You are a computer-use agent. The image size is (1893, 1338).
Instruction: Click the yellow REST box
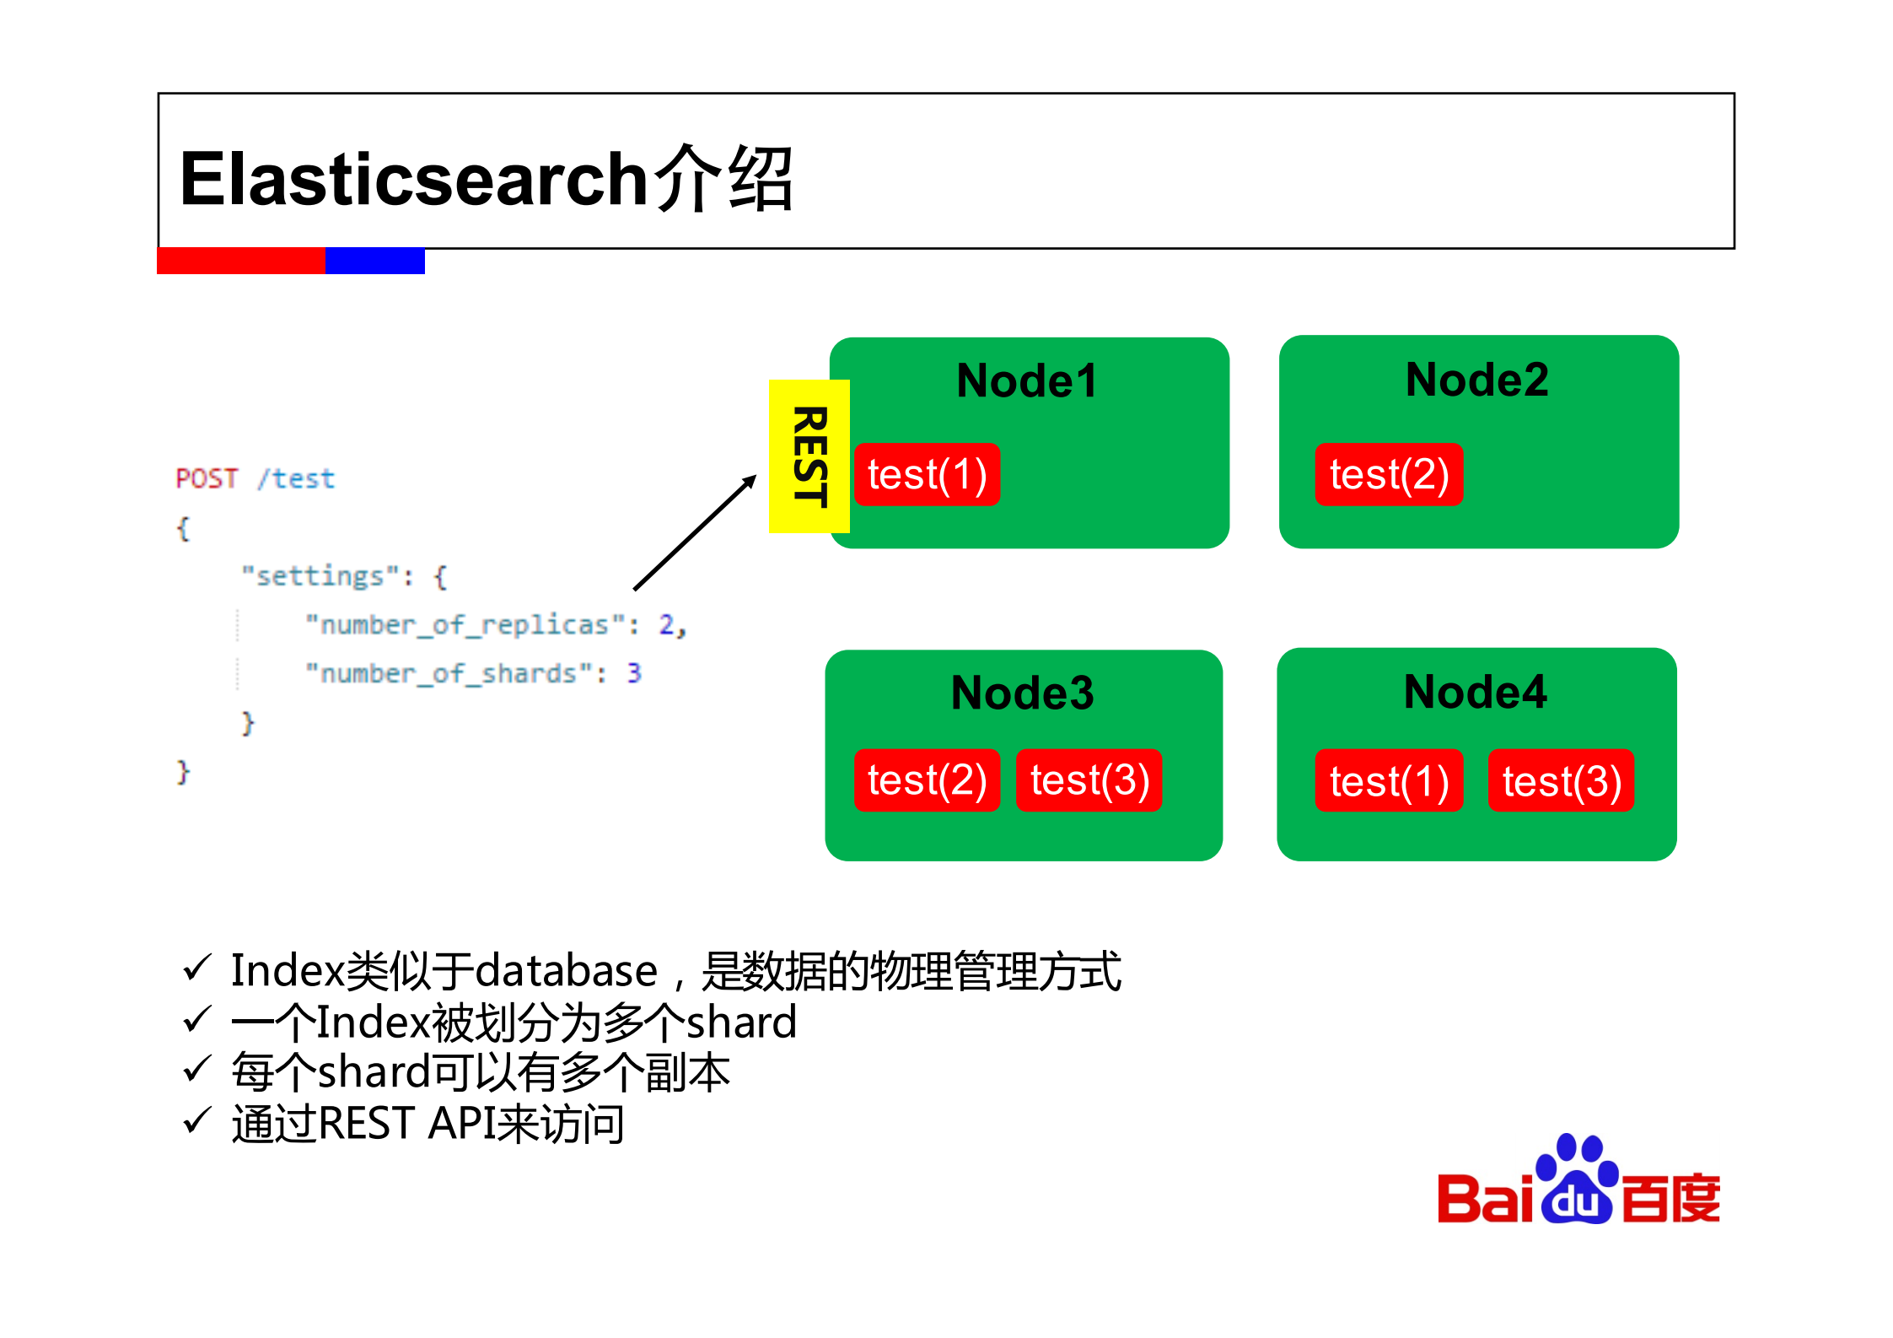pyautogui.click(x=808, y=456)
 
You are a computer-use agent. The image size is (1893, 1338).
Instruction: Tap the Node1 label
pyautogui.click(x=1027, y=381)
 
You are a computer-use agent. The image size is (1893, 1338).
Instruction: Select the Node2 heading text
pyautogui.click(x=1476, y=380)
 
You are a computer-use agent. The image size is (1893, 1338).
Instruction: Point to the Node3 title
pyautogui.click(x=1022, y=693)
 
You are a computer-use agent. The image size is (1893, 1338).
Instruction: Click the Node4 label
pyautogui.click(x=1475, y=693)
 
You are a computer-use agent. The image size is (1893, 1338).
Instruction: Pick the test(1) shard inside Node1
pyautogui.click(x=927, y=475)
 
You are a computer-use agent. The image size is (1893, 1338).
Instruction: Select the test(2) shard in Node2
pyautogui.click(x=1388, y=475)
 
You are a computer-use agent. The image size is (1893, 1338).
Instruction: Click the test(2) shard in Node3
pyautogui.click(x=927, y=780)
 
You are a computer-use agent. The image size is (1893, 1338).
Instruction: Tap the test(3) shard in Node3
pyautogui.click(x=1089, y=780)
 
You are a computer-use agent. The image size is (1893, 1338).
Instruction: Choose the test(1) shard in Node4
pyautogui.click(x=1388, y=781)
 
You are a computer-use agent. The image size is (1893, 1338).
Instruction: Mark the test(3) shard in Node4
pyautogui.click(x=1561, y=781)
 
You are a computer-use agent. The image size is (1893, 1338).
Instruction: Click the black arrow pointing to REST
pyautogui.click(x=695, y=533)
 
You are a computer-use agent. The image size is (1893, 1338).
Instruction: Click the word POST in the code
pyautogui.click(x=207, y=479)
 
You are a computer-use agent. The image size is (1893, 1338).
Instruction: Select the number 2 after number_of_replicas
pyautogui.click(x=667, y=625)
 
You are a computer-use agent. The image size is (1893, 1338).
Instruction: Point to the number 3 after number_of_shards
pyautogui.click(x=634, y=673)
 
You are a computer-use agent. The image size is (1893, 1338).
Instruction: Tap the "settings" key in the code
pyautogui.click(x=320, y=577)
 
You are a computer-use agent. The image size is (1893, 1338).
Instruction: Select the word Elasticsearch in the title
pyautogui.click(x=413, y=180)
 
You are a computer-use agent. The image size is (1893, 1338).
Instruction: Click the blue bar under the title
pyautogui.click(x=374, y=261)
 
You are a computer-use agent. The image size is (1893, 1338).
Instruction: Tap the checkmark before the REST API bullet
pyautogui.click(x=196, y=1122)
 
